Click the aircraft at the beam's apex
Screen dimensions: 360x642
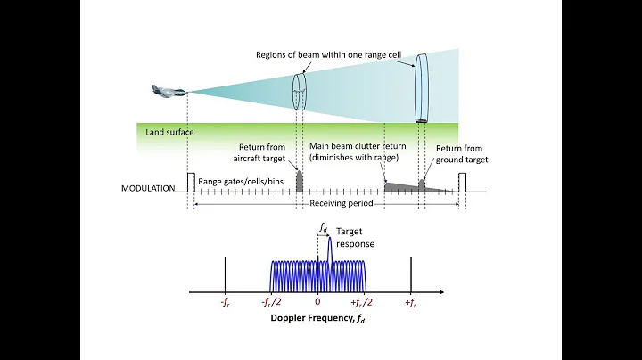coord(169,92)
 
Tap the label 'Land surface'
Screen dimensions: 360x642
coord(169,132)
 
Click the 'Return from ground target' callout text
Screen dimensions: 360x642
coord(462,153)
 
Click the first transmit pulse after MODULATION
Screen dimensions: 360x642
coord(190,182)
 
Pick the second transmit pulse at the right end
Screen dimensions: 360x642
coord(461,182)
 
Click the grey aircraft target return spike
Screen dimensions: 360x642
coord(299,182)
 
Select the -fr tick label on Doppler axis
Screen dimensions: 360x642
coord(225,303)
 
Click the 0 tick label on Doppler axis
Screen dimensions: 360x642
coord(317,303)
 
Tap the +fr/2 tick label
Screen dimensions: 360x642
coord(362,303)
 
